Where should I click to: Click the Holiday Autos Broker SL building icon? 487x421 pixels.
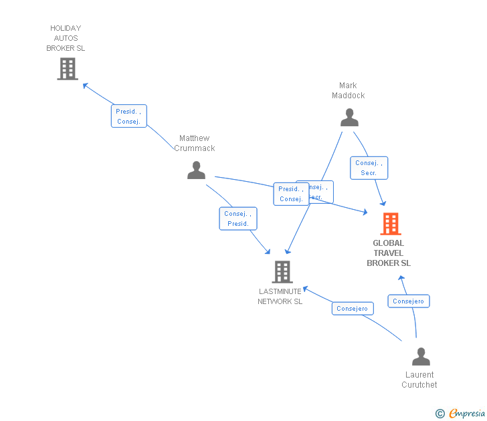(x=68, y=69)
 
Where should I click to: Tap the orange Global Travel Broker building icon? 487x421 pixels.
(x=390, y=224)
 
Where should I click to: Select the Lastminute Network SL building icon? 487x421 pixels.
(x=282, y=271)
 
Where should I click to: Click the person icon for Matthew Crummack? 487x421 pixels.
(x=196, y=170)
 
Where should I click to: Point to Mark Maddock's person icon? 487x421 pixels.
(x=349, y=118)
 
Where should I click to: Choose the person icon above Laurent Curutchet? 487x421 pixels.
(x=421, y=356)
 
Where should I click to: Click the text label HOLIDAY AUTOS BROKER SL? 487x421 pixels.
(x=66, y=38)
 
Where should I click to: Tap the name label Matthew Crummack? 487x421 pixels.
(x=195, y=143)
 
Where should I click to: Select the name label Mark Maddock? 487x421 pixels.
(x=348, y=90)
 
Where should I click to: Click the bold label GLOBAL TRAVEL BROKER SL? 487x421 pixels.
(x=389, y=253)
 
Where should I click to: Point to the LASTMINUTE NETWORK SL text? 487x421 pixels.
(x=280, y=296)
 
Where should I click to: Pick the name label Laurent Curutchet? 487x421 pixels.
(x=419, y=380)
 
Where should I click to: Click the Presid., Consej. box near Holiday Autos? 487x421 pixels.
(x=128, y=116)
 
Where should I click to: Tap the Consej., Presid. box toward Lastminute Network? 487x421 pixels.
(x=238, y=219)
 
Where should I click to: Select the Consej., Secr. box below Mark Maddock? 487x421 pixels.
(x=369, y=168)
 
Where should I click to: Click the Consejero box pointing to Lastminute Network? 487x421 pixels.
(x=353, y=309)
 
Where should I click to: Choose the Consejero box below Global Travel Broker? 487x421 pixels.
(x=409, y=301)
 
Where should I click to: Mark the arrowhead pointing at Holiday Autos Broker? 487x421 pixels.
(x=85, y=86)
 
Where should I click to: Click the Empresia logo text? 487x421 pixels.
(x=468, y=414)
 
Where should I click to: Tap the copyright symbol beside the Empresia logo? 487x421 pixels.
(x=440, y=414)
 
